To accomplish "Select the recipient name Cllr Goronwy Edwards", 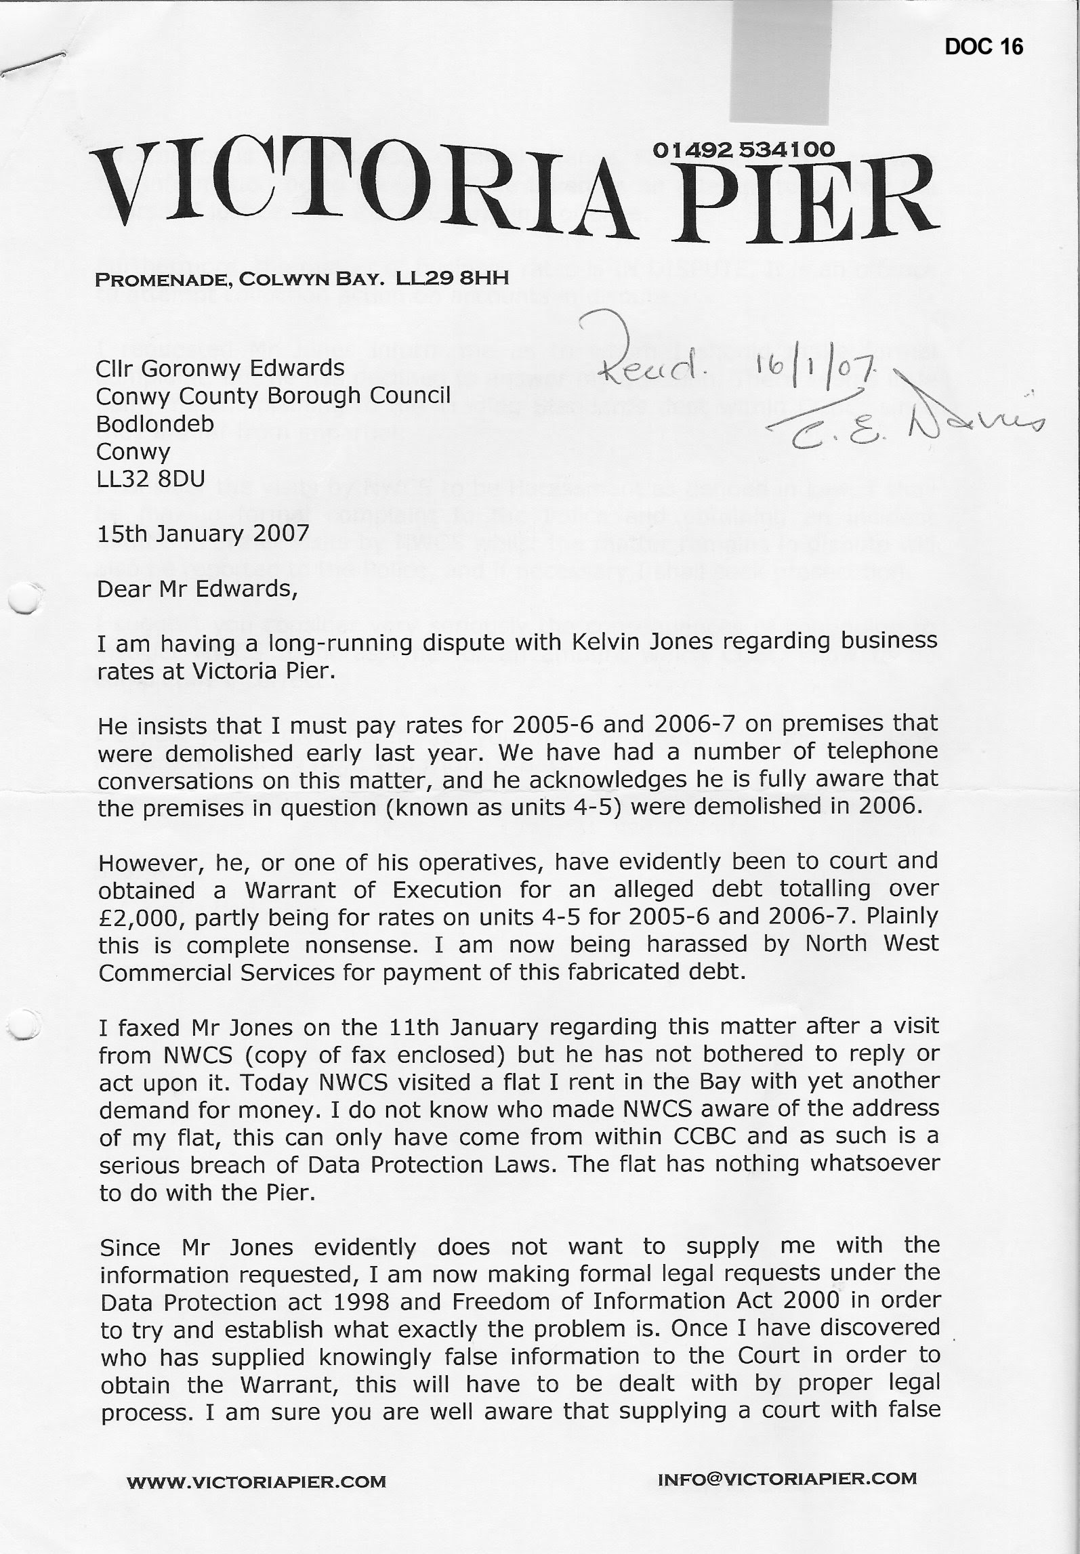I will coord(220,369).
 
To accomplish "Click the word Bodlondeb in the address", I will coord(155,424).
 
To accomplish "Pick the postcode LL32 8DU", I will coord(150,479).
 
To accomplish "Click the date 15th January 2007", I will coord(203,534).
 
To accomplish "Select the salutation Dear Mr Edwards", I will coord(197,589).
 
